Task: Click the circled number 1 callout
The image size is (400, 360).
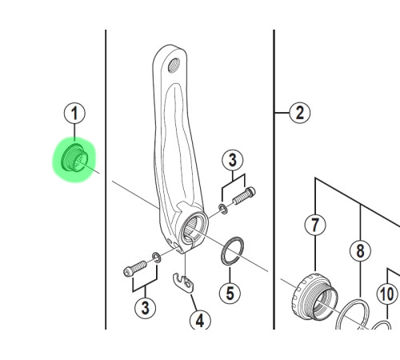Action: tap(75, 114)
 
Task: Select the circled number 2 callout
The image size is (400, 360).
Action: tap(299, 112)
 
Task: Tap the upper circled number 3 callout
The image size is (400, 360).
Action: tap(232, 160)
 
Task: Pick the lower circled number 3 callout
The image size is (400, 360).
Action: tap(145, 306)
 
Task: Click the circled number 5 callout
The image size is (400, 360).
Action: tap(230, 292)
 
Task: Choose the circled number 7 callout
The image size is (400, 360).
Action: tap(316, 226)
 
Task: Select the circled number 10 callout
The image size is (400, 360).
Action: tap(387, 294)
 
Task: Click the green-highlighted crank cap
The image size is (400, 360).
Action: tap(74, 160)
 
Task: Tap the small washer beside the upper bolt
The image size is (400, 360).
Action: tap(222, 209)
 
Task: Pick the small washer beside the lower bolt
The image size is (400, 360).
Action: tap(156, 259)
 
